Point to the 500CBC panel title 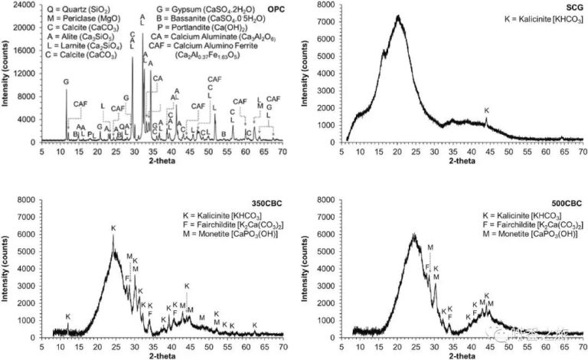tap(568, 203)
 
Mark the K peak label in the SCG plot tap(487, 110)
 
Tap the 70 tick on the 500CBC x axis tap(582, 346)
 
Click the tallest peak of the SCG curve tap(398, 17)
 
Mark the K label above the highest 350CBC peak tap(113, 228)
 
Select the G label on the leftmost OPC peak tap(66, 81)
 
